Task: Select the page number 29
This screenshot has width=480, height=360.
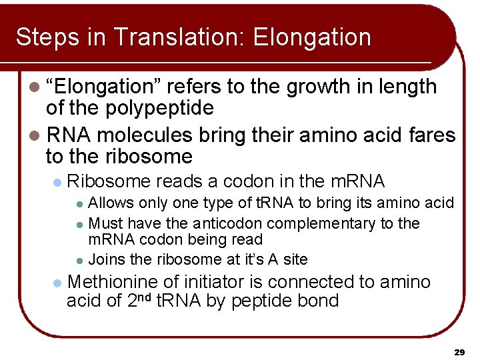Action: tap(459, 351)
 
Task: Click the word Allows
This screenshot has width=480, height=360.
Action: tap(111, 203)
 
